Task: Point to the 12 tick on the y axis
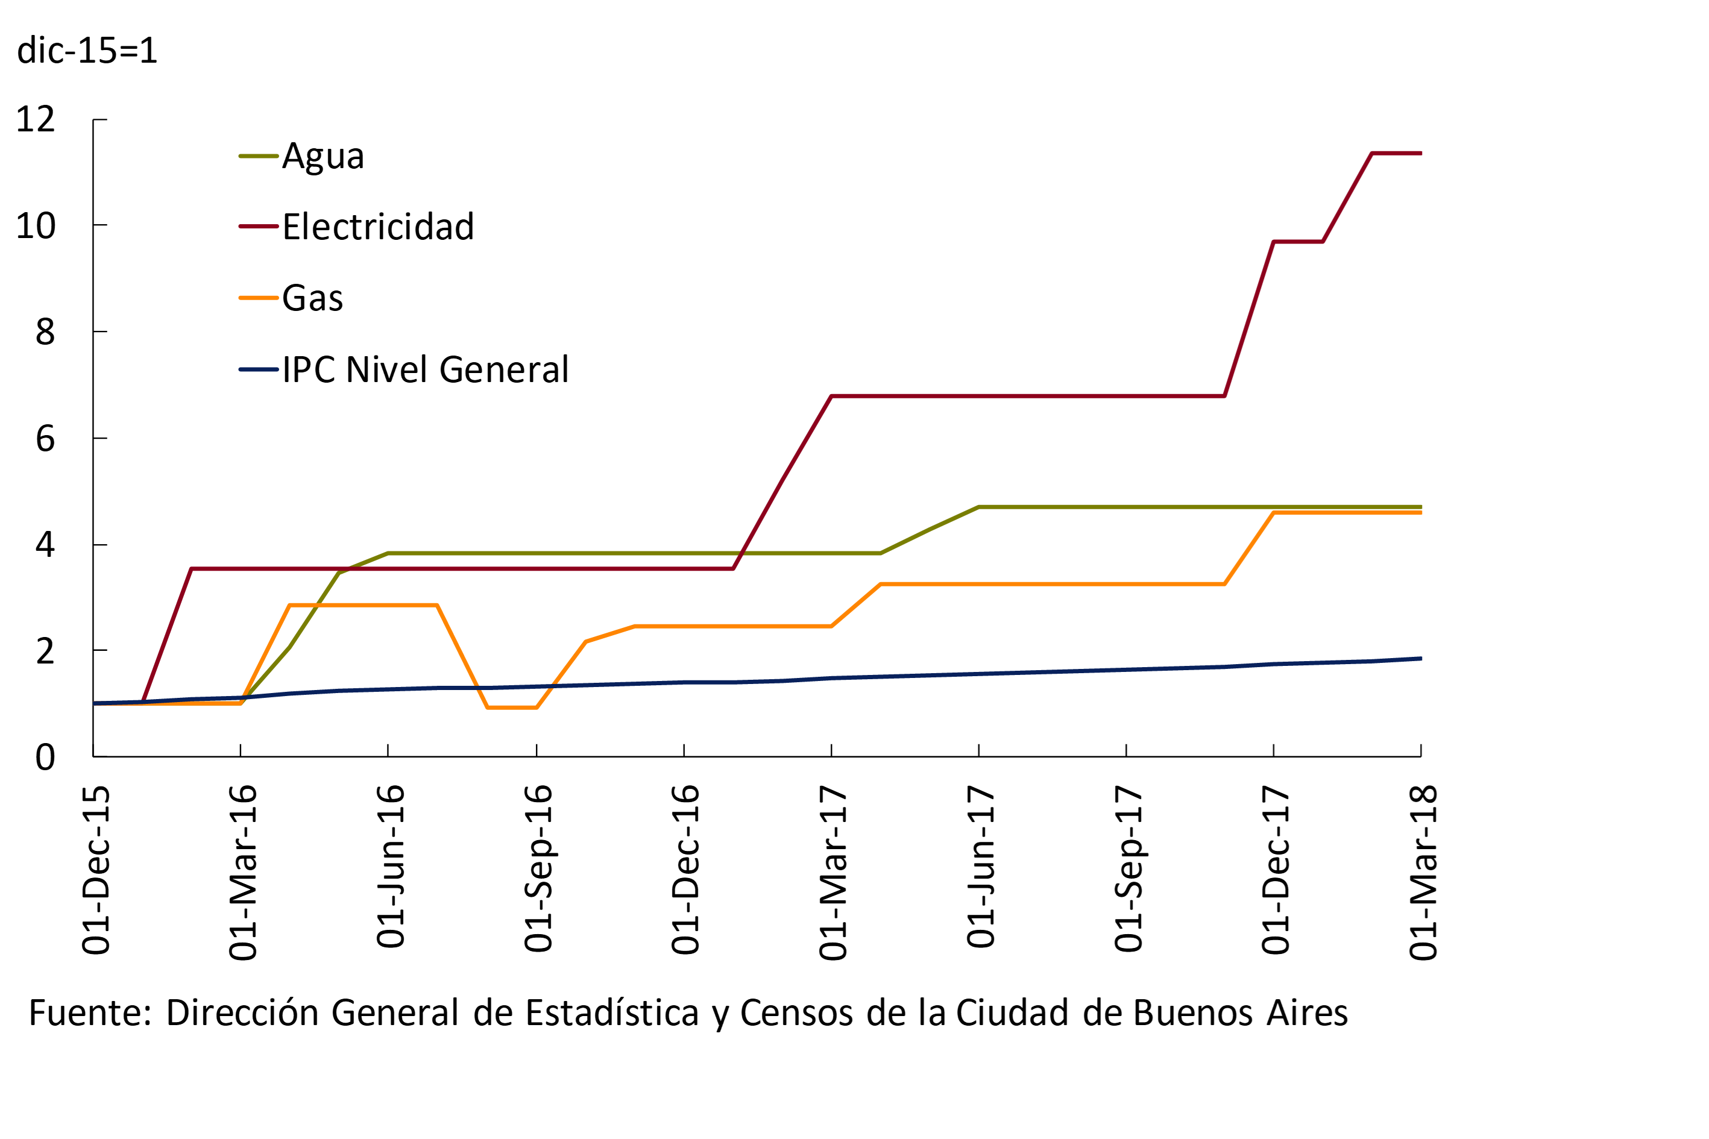click(36, 119)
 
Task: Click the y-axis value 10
click(36, 226)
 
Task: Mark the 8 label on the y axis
click(45, 332)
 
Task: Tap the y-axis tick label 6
click(45, 439)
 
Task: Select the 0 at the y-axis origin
click(45, 757)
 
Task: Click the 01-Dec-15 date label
click(96, 870)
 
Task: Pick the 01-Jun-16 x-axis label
click(391, 866)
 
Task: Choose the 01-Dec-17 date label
click(1276, 870)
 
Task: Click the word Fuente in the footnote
click(86, 1012)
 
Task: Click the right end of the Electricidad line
click(1420, 153)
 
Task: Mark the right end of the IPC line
click(1420, 659)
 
